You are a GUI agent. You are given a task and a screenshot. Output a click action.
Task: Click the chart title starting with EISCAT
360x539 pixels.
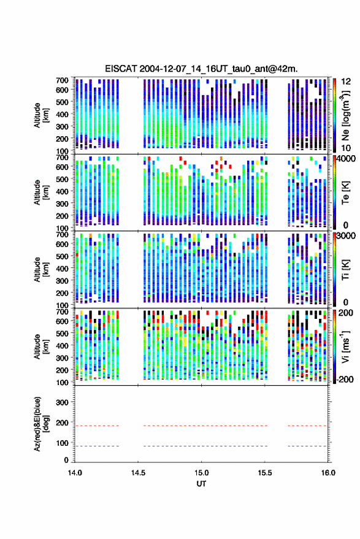(201, 69)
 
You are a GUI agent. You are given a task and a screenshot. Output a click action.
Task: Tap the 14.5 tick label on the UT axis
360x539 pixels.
(138, 473)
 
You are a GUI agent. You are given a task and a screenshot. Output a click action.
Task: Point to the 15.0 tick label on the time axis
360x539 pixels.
(202, 473)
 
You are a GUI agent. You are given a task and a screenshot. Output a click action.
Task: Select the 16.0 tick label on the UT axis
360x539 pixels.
(328, 473)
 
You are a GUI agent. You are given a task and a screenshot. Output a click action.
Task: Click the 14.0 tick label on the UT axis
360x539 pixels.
(75, 473)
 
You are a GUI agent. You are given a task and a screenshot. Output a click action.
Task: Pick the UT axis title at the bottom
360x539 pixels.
(201, 484)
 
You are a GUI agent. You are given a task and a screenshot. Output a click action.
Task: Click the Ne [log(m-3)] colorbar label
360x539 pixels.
(345, 115)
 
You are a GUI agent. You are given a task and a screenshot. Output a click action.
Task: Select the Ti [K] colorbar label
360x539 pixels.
(345, 270)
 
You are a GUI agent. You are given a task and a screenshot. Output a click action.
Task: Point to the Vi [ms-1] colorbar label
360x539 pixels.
(345, 346)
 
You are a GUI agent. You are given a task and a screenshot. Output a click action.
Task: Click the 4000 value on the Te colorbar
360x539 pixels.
(346, 159)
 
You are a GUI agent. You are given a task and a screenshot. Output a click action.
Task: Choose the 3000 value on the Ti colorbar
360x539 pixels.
(346, 236)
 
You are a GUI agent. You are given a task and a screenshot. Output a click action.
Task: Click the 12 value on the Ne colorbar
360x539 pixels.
(346, 82)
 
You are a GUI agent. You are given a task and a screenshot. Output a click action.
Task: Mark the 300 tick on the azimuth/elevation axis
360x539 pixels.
(62, 402)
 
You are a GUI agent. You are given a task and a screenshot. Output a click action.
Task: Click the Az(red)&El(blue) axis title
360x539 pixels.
(42, 424)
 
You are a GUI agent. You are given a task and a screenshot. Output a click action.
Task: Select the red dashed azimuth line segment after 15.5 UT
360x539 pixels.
(307, 426)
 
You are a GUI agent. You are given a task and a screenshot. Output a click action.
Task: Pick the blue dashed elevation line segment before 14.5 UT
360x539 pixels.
(97, 446)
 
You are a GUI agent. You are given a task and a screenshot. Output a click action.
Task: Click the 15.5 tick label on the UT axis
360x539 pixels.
(265, 473)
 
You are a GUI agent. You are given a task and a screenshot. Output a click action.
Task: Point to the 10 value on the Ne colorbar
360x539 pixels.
(346, 148)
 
